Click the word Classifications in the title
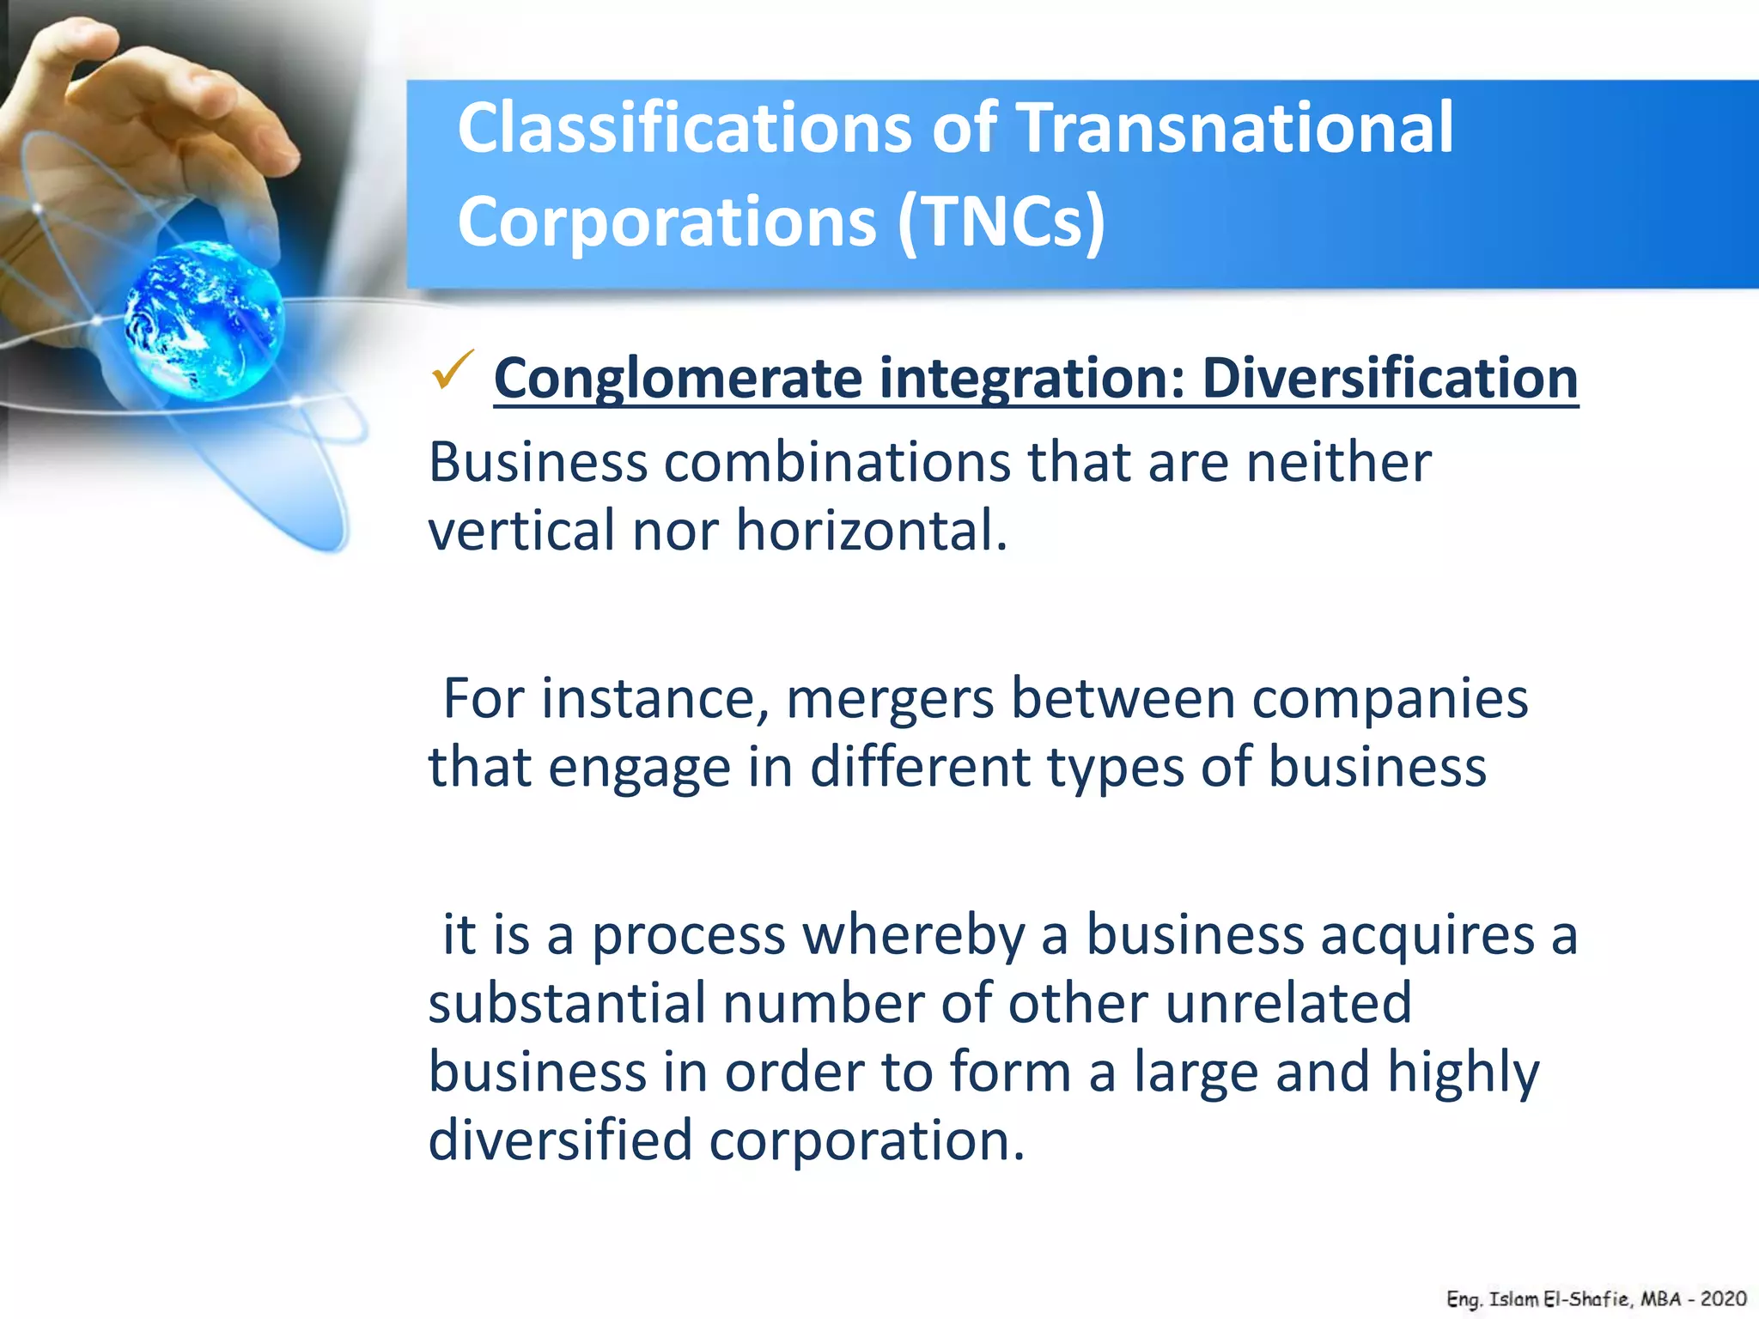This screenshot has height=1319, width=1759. pos(684,127)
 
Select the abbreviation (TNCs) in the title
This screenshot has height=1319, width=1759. pos(1001,222)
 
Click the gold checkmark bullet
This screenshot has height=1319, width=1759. pos(453,370)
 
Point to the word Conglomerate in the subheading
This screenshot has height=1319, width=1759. pos(678,379)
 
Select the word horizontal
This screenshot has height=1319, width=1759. pos(871,530)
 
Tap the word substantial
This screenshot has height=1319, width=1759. pos(566,1002)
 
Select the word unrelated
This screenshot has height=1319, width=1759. pos(1288,1002)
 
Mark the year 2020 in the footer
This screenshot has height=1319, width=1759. pos(1723,1299)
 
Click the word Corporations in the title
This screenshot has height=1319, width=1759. pos(666,222)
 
